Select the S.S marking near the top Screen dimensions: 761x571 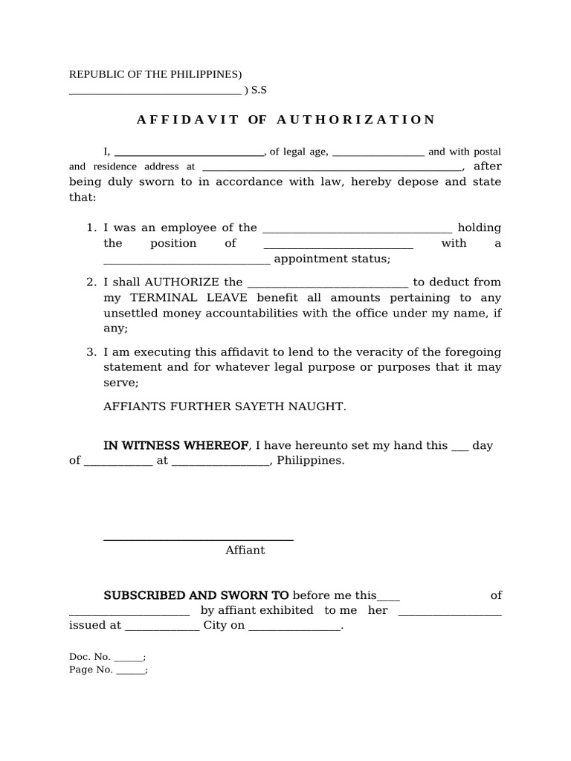point(259,91)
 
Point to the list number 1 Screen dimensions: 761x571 point(91,228)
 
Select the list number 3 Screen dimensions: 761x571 point(91,352)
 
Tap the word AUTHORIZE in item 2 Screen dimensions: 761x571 point(172,282)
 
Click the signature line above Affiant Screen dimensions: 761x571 point(198,540)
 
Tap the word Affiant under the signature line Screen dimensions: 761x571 point(245,551)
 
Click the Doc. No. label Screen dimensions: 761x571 point(90,657)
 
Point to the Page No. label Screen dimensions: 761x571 point(91,670)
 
